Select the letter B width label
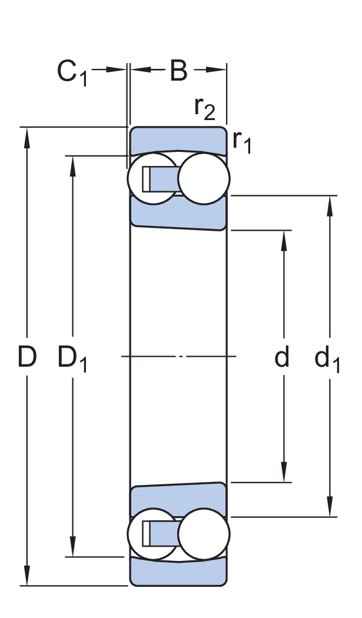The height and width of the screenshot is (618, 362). click(178, 71)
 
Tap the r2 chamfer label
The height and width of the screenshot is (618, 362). click(205, 108)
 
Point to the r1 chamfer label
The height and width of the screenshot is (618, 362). click(242, 141)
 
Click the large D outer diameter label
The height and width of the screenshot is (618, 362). click(27, 357)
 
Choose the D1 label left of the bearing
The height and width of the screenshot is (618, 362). click(72, 359)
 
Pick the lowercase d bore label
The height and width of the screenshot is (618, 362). click(283, 357)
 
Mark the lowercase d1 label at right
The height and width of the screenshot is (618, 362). click(327, 359)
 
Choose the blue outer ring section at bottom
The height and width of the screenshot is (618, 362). click(178, 572)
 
